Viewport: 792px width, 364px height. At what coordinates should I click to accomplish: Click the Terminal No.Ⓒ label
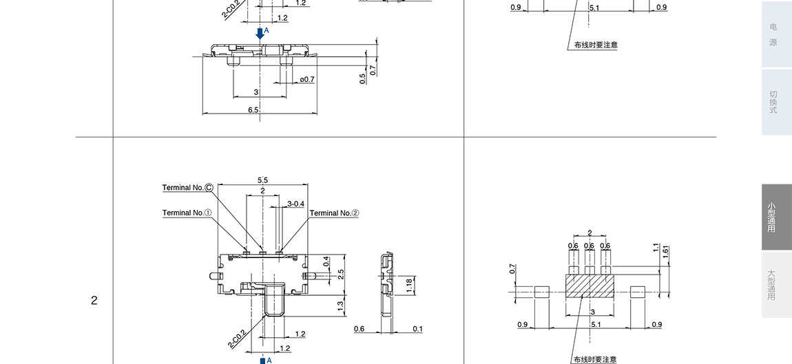pyautogui.click(x=188, y=188)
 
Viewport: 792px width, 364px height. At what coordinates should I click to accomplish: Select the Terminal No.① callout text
pyautogui.click(x=187, y=213)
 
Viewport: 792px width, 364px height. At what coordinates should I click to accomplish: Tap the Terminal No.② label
pyautogui.click(x=334, y=213)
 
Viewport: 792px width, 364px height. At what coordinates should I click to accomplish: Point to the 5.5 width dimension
pyautogui.click(x=262, y=180)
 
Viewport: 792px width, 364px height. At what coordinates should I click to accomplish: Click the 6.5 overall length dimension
pyautogui.click(x=253, y=110)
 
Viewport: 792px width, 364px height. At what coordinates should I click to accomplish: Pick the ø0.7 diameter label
pyautogui.click(x=306, y=79)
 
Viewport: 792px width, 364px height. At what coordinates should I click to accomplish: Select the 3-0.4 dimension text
pyautogui.click(x=296, y=204)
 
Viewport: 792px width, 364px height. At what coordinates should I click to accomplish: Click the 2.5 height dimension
pyautogui.click(x=341, y=272)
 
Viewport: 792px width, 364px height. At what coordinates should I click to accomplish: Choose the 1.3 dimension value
pyautogui.click(x=341, y=305)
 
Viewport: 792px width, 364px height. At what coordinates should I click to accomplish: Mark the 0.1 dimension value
pyautogui.click(x=418, y=329)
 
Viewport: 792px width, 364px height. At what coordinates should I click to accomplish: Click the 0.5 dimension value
pyautogui.click(x=363, y=78)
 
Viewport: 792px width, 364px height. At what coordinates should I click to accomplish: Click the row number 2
pyautogui.click(x=94, y=301)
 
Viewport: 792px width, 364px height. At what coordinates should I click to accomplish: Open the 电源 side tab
pyautogui.click(x=773, y=34)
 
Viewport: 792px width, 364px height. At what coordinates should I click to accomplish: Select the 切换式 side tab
pyautogui.click(x=773, y=102)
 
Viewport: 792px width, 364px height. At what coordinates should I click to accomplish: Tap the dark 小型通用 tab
pyautogui.click(x=773, y=217)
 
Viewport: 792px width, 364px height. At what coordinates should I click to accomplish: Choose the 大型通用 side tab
pyautogui.click(x=773, y=285)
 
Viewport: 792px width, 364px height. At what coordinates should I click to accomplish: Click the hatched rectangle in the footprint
pyautogui.click(x=589, y=284)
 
